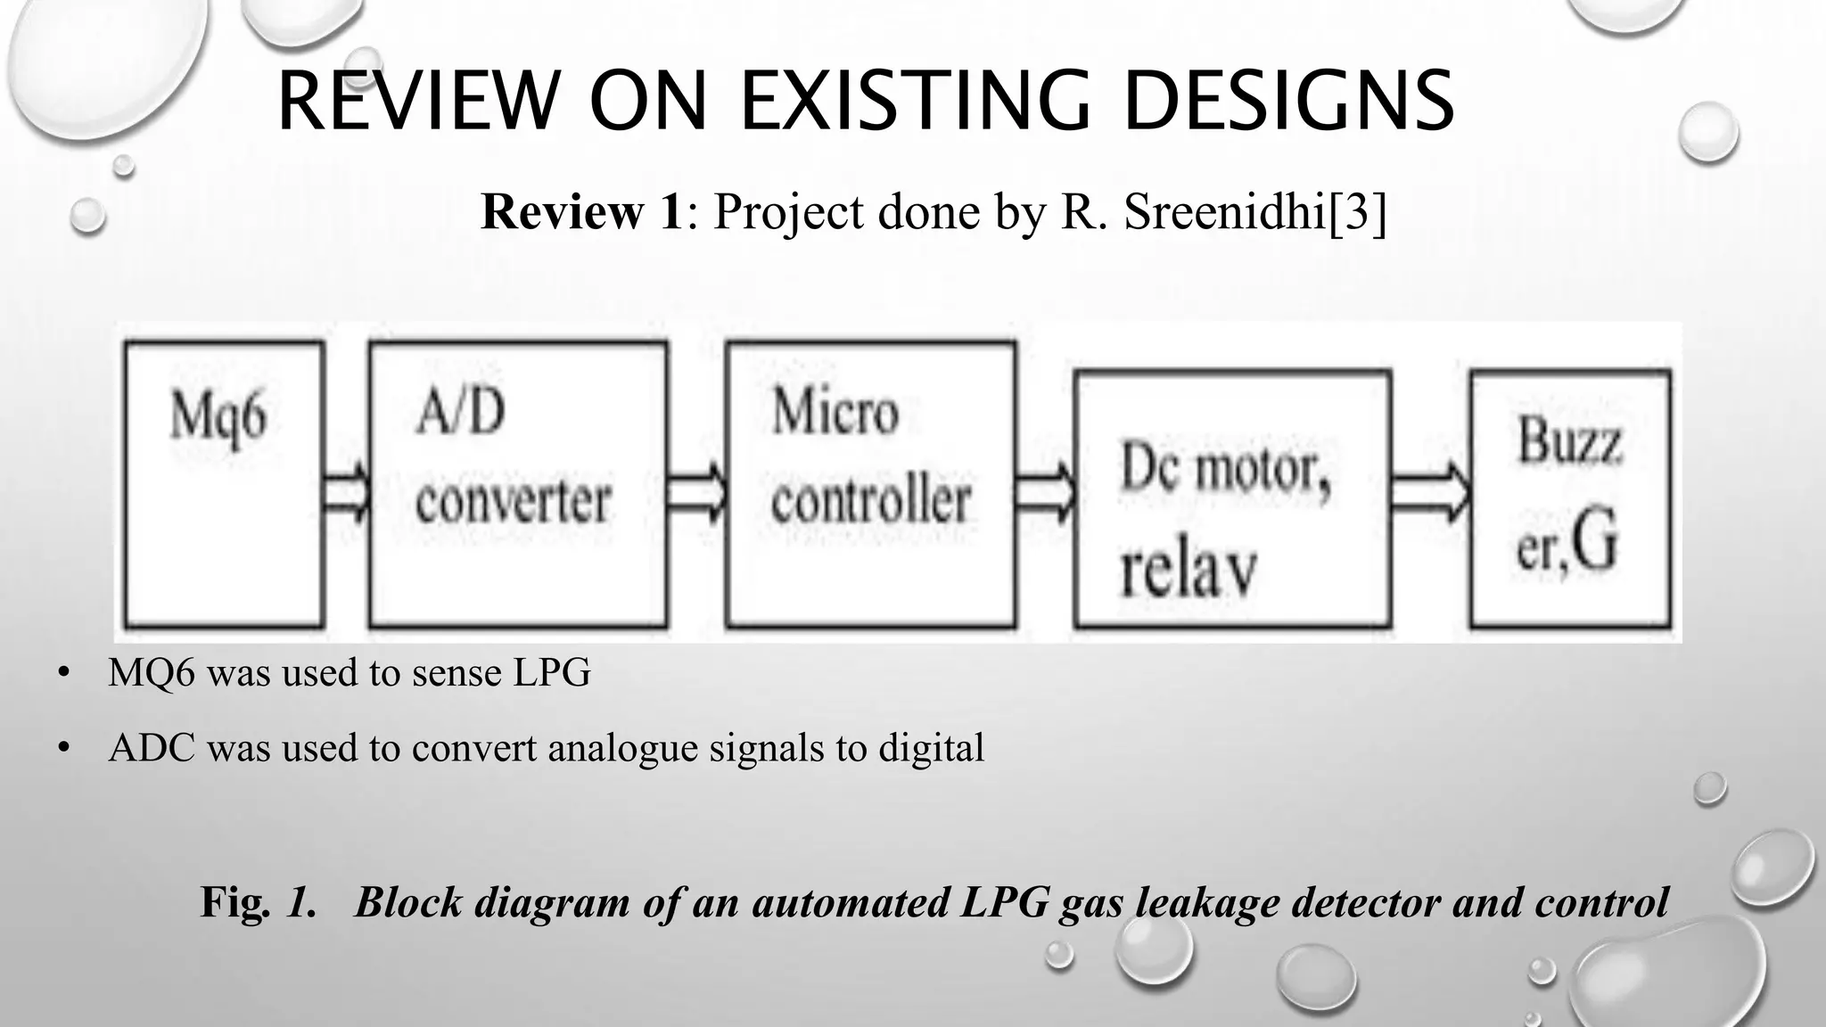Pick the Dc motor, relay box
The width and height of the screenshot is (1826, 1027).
click(1232, 499)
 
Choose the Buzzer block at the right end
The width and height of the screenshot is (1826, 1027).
click(1569, 499)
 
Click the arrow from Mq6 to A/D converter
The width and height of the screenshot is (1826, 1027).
click(346, 492)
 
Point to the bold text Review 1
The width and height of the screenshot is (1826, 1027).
click(581, 212)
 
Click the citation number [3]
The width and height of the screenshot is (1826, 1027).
click(1357, 212)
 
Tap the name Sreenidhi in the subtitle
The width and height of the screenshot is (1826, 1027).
click(1225, 212)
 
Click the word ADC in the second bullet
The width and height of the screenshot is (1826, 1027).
click(152, 747)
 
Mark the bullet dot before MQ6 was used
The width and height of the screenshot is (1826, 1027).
click(62, 673)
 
